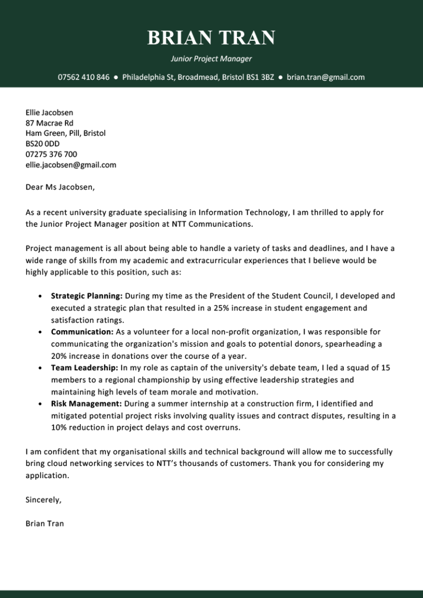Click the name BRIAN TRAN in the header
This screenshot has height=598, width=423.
click(x=211, y=38)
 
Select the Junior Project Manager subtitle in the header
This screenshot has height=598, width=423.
click(x=211, y=58)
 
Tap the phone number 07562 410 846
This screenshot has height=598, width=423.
click(x=84, y=77)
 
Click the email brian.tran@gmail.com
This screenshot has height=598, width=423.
click(x=326, y=77)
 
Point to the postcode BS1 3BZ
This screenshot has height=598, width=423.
click(x=260, y=77)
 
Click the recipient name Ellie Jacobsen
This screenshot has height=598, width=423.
click(x=49, y=112)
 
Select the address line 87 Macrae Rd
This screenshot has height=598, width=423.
click(x=49, y=123)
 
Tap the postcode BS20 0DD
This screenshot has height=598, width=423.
click(x=42, y=144)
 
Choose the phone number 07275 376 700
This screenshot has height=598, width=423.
click(x=51, y=154)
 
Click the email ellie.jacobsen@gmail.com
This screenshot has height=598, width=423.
click(x=70, y=164)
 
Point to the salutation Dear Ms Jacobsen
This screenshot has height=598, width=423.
click(x=60, y=187)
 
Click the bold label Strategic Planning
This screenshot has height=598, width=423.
click(x=86, y=296)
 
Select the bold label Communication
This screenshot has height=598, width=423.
click(x=82, y=332)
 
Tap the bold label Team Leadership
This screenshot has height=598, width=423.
click(x=84, y=367)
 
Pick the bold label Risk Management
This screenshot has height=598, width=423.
click(x=86, y=404)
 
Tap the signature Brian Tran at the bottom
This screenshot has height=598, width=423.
click(x=45, y=524)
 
